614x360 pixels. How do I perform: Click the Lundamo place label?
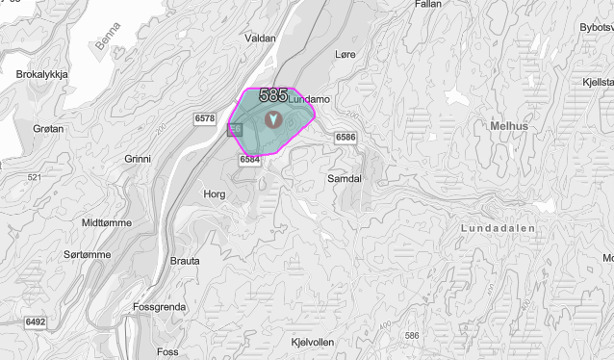point(309,99)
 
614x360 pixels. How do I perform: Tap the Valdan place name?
point(261,39)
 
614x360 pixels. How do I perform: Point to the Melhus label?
point(509,126)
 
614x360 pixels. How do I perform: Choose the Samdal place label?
point(344,179)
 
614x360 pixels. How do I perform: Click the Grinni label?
point(139,158)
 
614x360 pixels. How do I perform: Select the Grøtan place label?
point(47,128)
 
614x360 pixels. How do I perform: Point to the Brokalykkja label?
point(39,73)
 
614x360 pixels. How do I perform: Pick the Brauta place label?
point(185,261)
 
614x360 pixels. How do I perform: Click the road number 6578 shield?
point(204,118)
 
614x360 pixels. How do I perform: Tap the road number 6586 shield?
point(346,139)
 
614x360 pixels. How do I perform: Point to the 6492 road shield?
point(35,321)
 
